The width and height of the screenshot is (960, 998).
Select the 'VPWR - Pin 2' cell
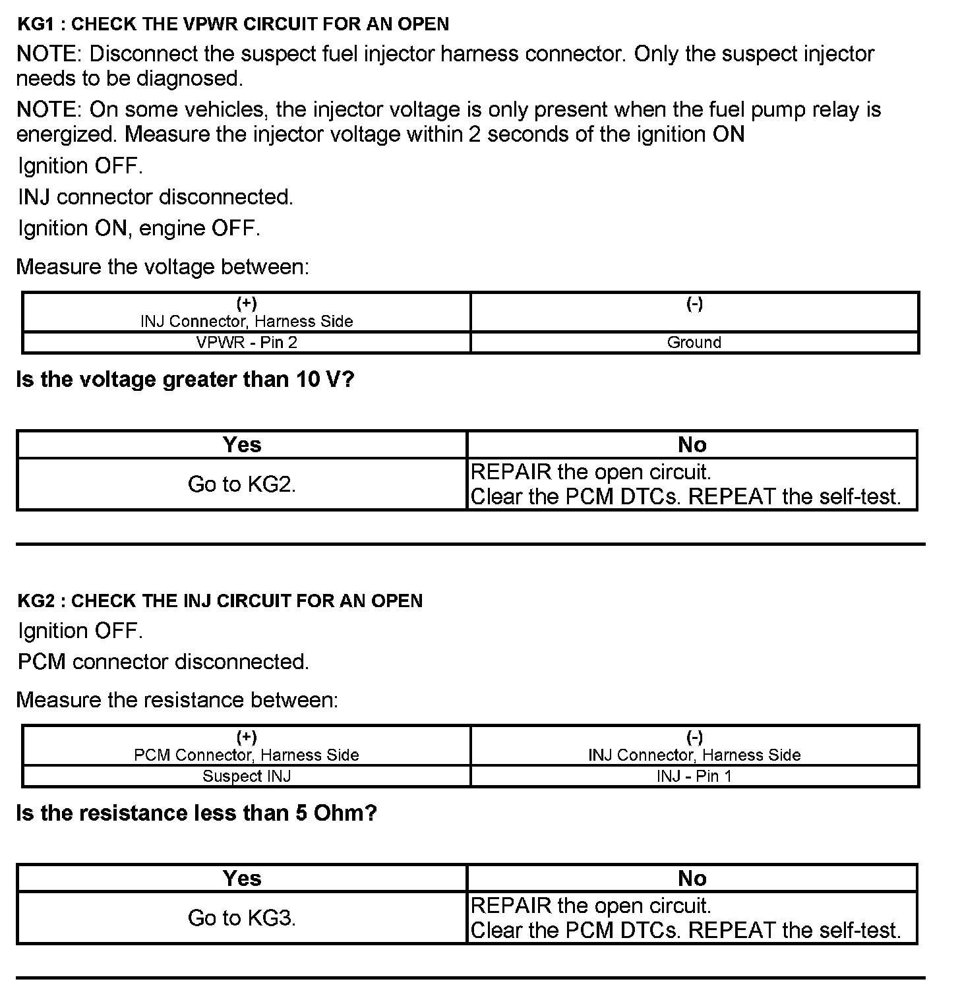coord(247,342)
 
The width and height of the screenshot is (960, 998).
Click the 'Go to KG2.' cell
coord(241,484)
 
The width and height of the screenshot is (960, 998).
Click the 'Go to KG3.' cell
coord(241,918)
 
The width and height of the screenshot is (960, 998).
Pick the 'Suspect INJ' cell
coord(247,776)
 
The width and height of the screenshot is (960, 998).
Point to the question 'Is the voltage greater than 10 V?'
coord(185,380)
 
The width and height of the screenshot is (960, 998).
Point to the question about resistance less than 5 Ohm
coord(196,813)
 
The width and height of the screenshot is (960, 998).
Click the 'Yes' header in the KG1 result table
coord(241,445)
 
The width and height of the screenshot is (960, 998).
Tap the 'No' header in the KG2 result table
coord(692,878)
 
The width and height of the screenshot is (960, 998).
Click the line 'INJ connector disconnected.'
coord(156,197)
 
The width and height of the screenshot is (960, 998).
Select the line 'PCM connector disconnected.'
coord(164,662)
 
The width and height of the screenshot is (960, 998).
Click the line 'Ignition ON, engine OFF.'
coord(139,229)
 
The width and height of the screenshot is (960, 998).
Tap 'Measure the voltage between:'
coord(162,267)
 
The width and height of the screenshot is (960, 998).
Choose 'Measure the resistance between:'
coord(177,700)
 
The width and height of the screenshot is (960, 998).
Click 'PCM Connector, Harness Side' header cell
coord(247,754)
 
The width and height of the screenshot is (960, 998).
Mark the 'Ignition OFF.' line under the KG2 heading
coord(80,631)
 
